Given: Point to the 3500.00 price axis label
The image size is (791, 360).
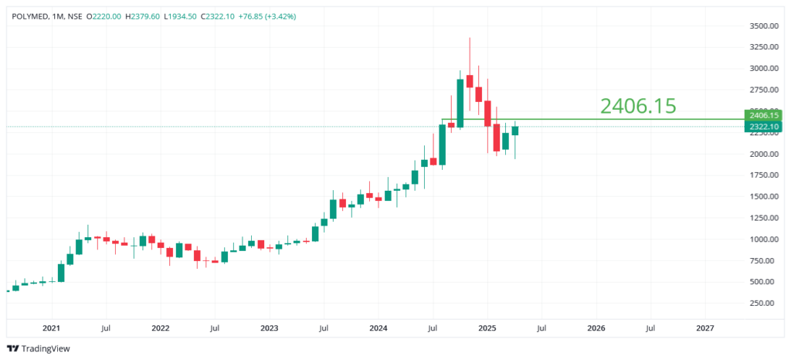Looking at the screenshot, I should tap(764, 26).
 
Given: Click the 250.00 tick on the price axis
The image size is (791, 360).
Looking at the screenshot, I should tap(764, 303).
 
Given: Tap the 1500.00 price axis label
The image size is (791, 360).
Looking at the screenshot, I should tap(764, 197).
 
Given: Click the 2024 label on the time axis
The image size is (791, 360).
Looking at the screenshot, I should tap(378, 328).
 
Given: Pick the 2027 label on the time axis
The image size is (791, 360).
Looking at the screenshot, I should tap(704, 328).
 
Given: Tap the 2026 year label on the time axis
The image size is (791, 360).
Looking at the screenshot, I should tap(596, 328).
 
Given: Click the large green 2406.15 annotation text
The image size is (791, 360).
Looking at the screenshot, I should tap(638, 107).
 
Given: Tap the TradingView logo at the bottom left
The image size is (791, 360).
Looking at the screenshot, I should tap(38, 348).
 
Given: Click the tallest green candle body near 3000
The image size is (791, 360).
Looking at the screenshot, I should tap(460, 103).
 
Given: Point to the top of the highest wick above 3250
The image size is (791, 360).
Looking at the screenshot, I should tap(470, 38).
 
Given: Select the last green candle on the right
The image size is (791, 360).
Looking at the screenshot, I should tap(514, 131).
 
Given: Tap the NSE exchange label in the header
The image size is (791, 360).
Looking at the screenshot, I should tap(76, 16).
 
